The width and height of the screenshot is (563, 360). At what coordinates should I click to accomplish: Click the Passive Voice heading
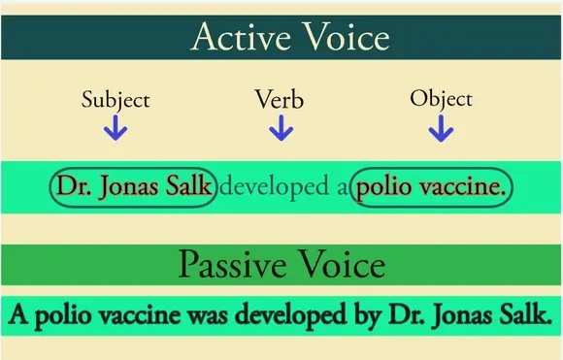[282, 265]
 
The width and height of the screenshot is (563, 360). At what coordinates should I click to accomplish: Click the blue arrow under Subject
[116, 128]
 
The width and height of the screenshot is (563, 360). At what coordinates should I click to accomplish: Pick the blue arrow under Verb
[281, 128]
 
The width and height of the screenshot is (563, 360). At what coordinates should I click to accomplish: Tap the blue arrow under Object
[441, 128]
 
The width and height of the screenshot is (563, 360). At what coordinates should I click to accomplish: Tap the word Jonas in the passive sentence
[455, 316]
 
